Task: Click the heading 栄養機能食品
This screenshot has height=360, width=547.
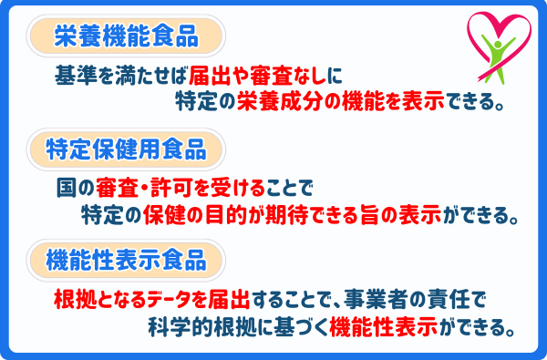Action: coord(127,36)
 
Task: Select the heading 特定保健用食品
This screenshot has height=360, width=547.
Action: coord(127,148)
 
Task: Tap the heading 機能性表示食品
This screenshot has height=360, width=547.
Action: coord(127,259)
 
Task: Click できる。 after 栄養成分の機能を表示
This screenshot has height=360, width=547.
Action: coord(475,101)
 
